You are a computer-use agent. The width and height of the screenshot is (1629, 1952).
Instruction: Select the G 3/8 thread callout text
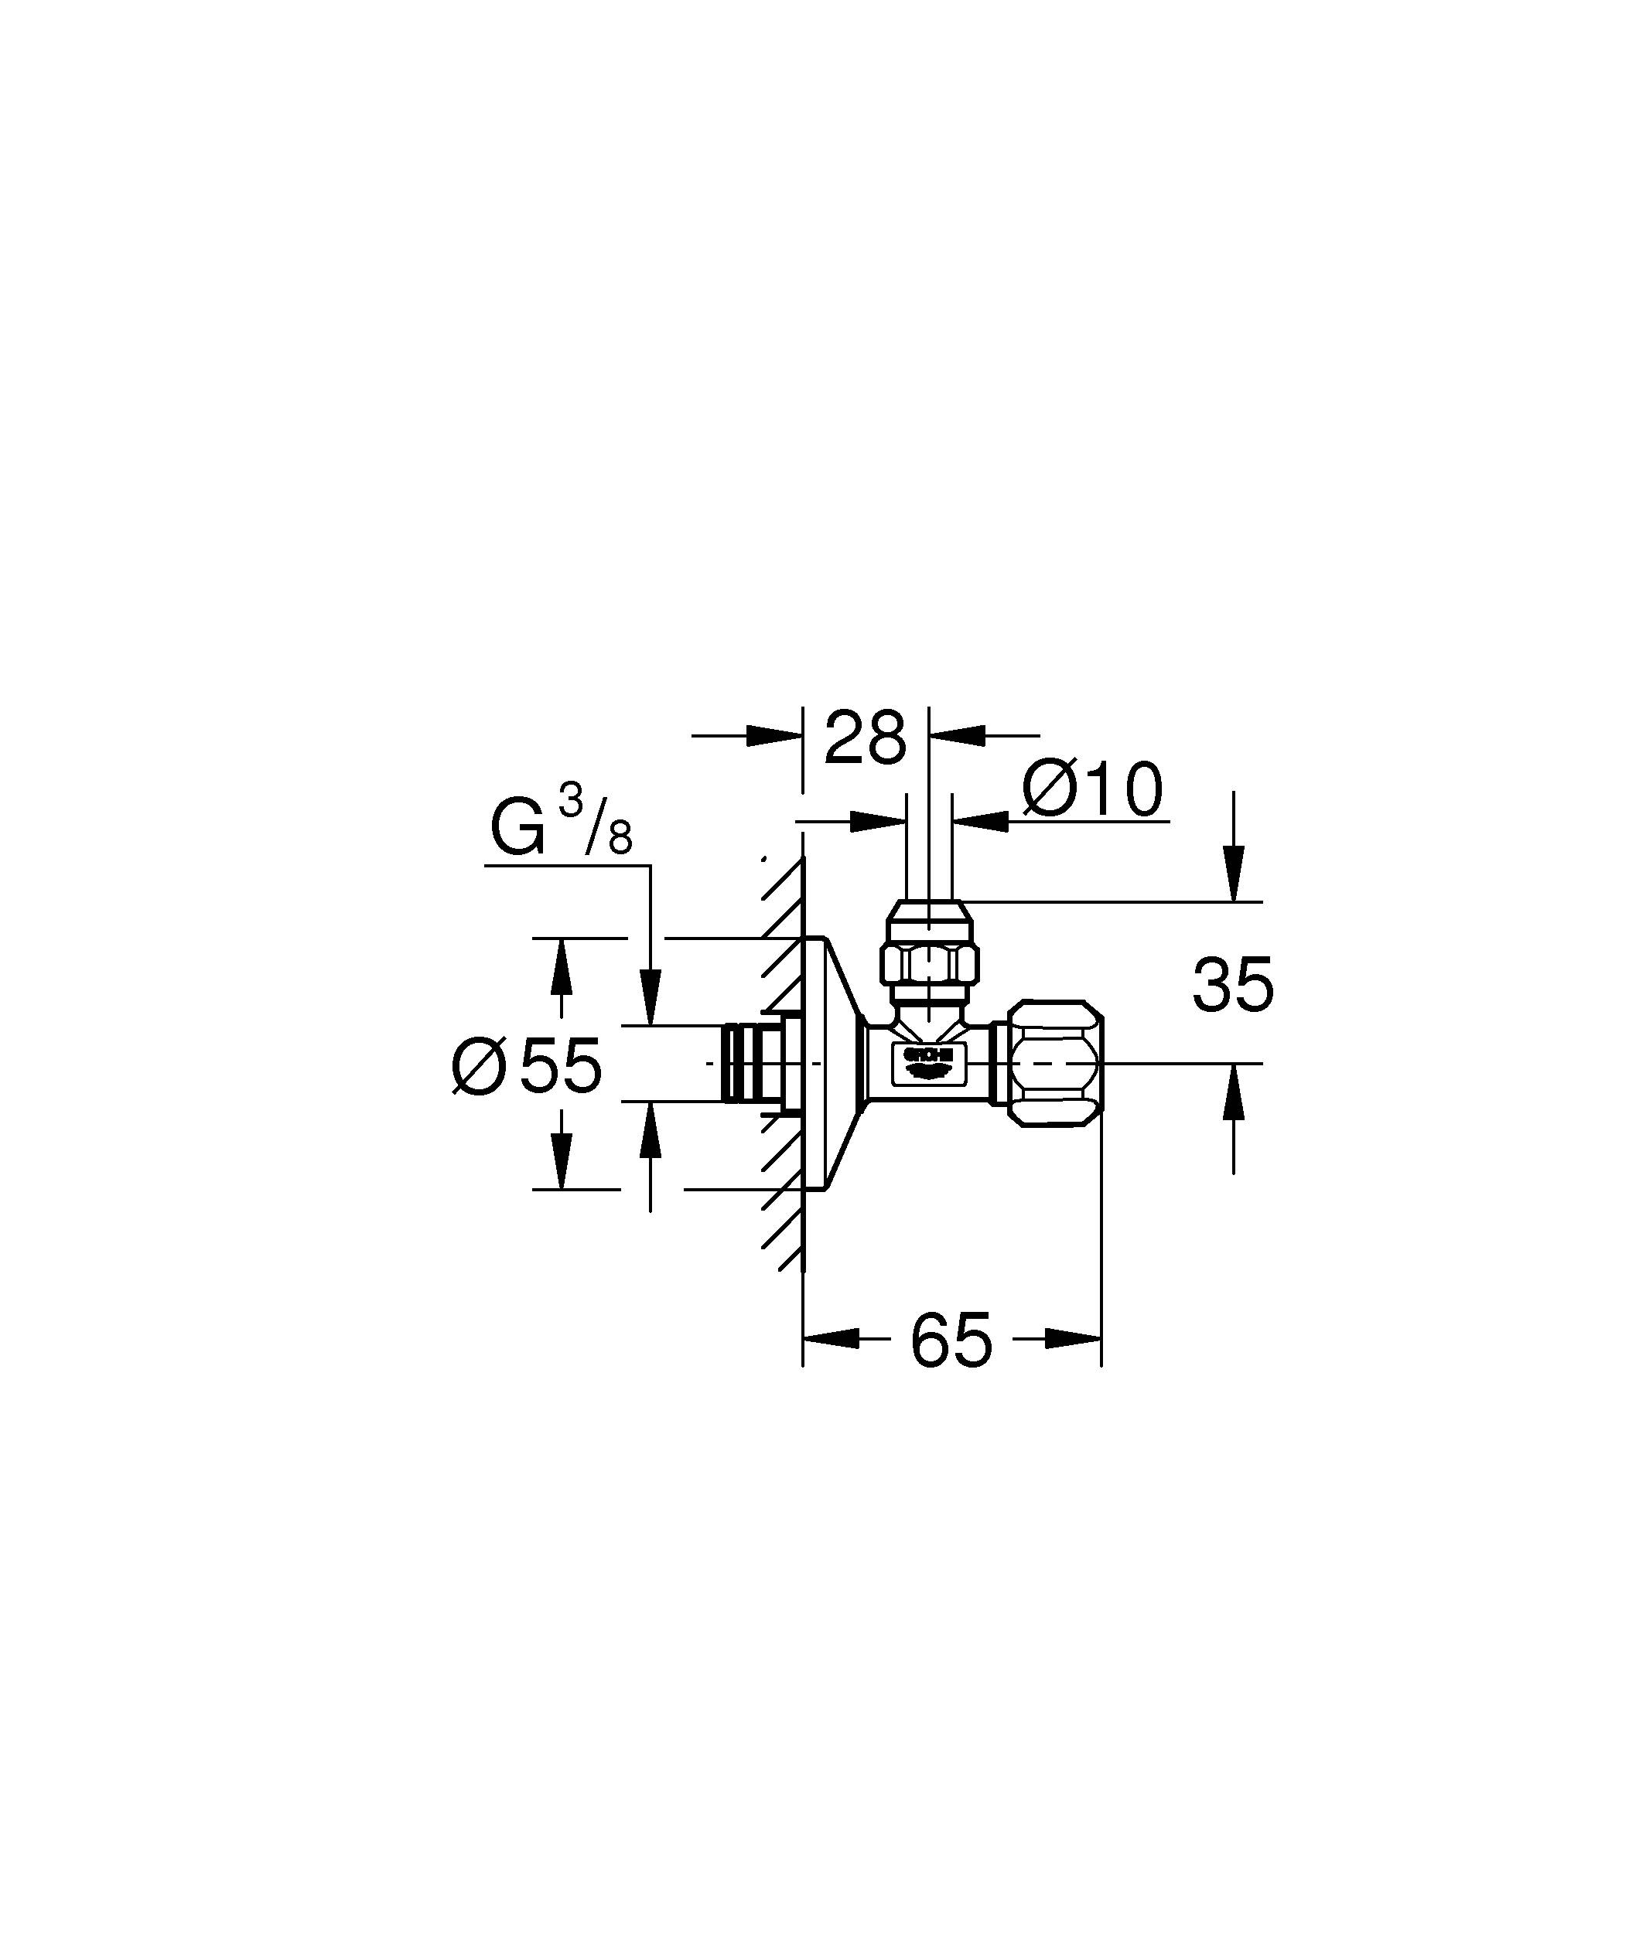click(561, 827)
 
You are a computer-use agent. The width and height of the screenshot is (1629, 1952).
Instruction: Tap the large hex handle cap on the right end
click(1057, 1064)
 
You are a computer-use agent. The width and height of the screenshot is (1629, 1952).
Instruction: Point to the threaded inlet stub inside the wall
click(744, 1064)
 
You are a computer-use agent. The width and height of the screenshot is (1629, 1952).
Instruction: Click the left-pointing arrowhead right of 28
click(958, 735)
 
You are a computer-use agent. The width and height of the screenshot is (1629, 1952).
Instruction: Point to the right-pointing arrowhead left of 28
click(774, 735)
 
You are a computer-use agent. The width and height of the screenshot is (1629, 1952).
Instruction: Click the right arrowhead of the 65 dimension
click(1074, 1338)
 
